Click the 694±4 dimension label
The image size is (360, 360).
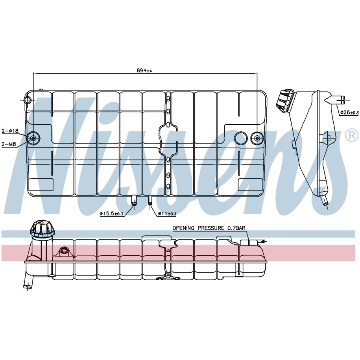[144, 70]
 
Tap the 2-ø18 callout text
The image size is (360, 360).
[10, 131]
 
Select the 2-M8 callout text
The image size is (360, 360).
[9, 144]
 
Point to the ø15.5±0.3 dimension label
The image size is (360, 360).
[111, 214]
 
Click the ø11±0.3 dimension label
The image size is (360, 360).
[167, 214]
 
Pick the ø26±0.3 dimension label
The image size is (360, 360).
[349, 113]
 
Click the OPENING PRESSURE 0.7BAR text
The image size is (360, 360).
[209, 228]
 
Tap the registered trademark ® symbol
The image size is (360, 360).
[351, 135]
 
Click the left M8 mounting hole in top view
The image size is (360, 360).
[33, 138]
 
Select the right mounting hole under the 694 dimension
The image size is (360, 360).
[257, 138]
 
